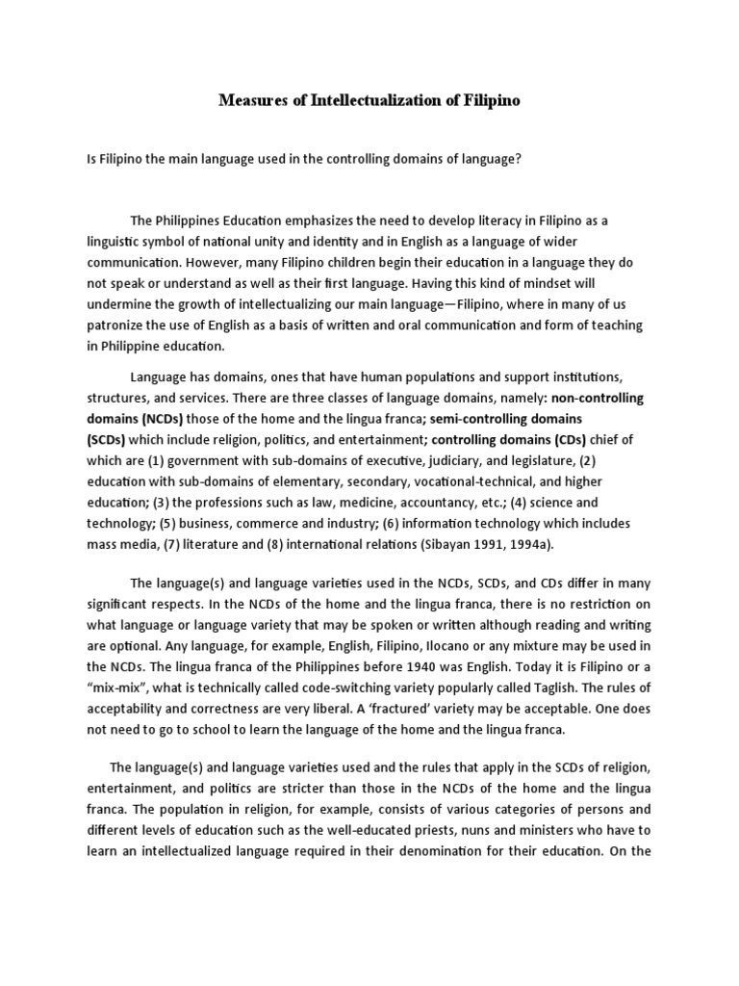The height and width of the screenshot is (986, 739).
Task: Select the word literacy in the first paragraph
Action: click(464, 221)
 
